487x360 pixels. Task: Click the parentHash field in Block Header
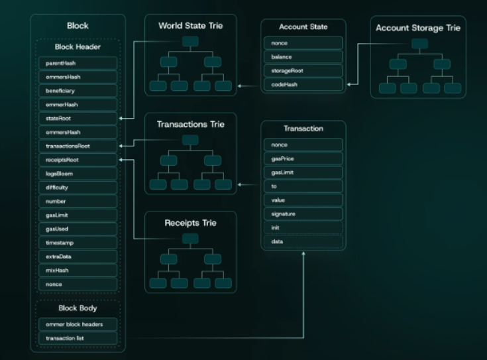(x=78, y=63)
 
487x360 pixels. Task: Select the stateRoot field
(x=78, y=118)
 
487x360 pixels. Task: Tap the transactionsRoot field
(x=78, y=146)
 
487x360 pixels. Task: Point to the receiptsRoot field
(x=78, y=160)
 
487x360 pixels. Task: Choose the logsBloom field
(x=78, y=174)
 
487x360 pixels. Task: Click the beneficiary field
(x=78, y=90)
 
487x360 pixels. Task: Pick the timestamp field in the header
(x=78, y=243)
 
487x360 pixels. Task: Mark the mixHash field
(x=78, y=270)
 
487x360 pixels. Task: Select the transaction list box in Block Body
(x=78, y=338)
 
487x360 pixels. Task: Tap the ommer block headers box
(x=78, y=324)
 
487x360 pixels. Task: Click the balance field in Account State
(x=303, y=57)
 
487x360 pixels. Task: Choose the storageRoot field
(x=303, y=71)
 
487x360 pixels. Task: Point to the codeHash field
(x=303, y=85)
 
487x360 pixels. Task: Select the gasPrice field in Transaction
(x=303, y=158)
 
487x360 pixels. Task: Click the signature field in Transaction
(x=303, y=214)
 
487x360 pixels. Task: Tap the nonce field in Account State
(x=303, y=43)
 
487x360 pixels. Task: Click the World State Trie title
(x=190, y=26)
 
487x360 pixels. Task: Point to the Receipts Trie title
(x=190, y=223)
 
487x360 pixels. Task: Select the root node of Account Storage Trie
(x=419, y=44)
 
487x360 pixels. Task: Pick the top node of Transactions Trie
(x=190, y=140)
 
